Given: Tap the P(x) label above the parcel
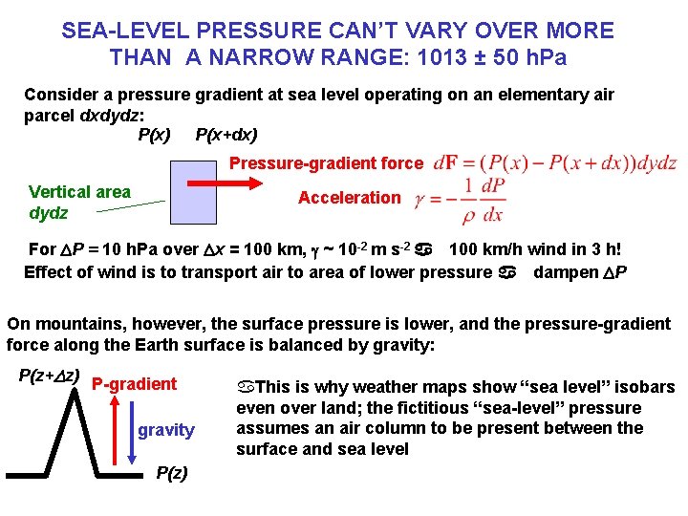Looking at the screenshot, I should point(155,135).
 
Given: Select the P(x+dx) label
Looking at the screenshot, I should point(226,135).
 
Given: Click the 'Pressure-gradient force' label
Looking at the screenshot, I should point(326,163).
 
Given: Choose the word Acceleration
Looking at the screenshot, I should point(349,198).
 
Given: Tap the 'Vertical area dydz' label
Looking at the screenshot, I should point(79,202).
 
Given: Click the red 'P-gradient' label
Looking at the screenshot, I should point(135,384).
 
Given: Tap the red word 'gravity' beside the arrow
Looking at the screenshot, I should point(165,430).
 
